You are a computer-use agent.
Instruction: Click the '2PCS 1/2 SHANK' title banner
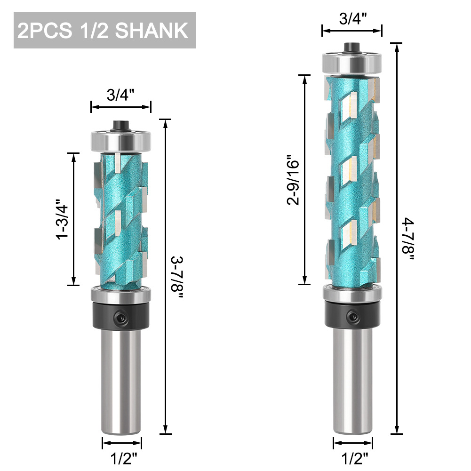click(x=104, y=31)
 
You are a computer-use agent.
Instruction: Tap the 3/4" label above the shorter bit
click(x=121, y=95)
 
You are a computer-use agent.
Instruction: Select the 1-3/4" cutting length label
click(x=63, y=219)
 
